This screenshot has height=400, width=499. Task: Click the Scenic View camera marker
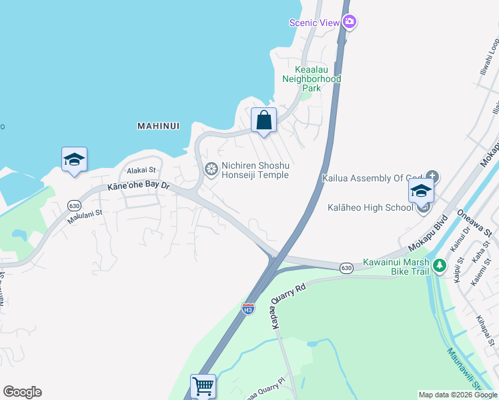350,22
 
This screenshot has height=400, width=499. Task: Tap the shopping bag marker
264,121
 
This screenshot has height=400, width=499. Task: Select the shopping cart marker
203,386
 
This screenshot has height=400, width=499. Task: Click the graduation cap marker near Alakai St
74,159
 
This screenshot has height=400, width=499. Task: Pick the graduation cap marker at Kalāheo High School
421,191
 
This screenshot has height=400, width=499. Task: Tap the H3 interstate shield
247,309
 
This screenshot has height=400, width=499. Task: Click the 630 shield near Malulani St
74,205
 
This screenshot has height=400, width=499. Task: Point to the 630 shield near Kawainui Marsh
346,267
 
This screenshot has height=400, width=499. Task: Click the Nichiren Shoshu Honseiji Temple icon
211,169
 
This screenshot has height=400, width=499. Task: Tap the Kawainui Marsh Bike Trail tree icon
439,266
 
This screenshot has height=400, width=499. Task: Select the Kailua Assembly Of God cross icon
432,177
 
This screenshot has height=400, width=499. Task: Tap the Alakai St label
141,171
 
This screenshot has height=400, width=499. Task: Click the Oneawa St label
474,223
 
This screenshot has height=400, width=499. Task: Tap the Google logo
22,392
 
